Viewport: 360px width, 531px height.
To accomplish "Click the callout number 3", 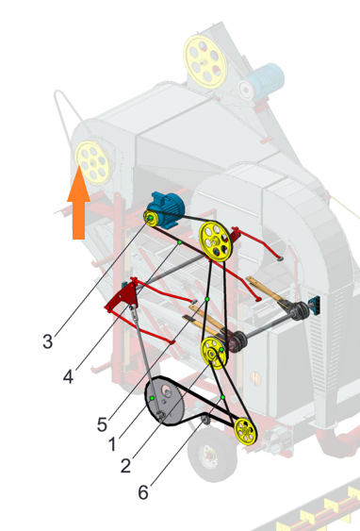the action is [x=48, y=341].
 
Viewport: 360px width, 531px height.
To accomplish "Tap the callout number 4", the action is [x=68, y=376].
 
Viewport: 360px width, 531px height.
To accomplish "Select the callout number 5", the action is [x=102, y=424].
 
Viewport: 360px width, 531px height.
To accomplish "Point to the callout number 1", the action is [x=113, y=444].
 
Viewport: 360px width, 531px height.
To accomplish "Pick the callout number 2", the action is [x=125, y=466].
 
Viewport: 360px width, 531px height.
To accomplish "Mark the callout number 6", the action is [x=143, y=492].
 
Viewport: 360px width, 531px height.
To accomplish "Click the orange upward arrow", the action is [x=78, y=202].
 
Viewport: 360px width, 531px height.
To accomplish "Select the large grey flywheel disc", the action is [x=164, y=400].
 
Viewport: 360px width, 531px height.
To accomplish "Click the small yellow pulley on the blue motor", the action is [x=151, y=219].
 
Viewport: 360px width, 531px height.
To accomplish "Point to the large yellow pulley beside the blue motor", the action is [x=215, y=241].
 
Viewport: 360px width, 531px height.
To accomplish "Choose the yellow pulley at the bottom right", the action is [x=246, y=431].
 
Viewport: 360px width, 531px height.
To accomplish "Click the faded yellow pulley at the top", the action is [x=205, y=61].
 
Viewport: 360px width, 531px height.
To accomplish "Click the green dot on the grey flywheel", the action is [x=152, y=398].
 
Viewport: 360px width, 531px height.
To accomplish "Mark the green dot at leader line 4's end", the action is [x=180, y=242].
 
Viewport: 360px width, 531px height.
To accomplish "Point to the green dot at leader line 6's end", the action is [x=222, y=397].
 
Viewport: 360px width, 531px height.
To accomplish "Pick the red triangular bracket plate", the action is [x=122, y=296].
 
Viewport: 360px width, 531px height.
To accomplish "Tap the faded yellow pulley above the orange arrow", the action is [x=93, y=162].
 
